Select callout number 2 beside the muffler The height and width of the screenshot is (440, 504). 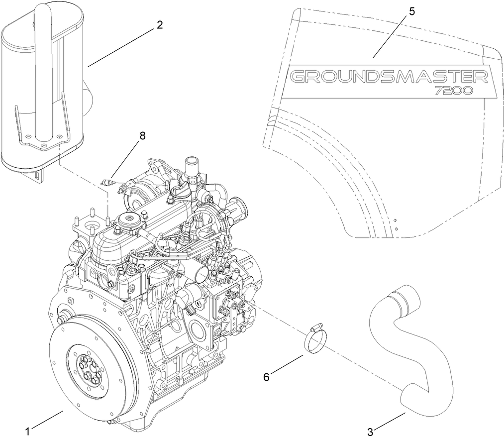pos(160,25)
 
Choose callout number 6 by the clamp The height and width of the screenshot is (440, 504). pos(267,377)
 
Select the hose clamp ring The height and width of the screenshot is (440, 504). pos(315,340)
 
